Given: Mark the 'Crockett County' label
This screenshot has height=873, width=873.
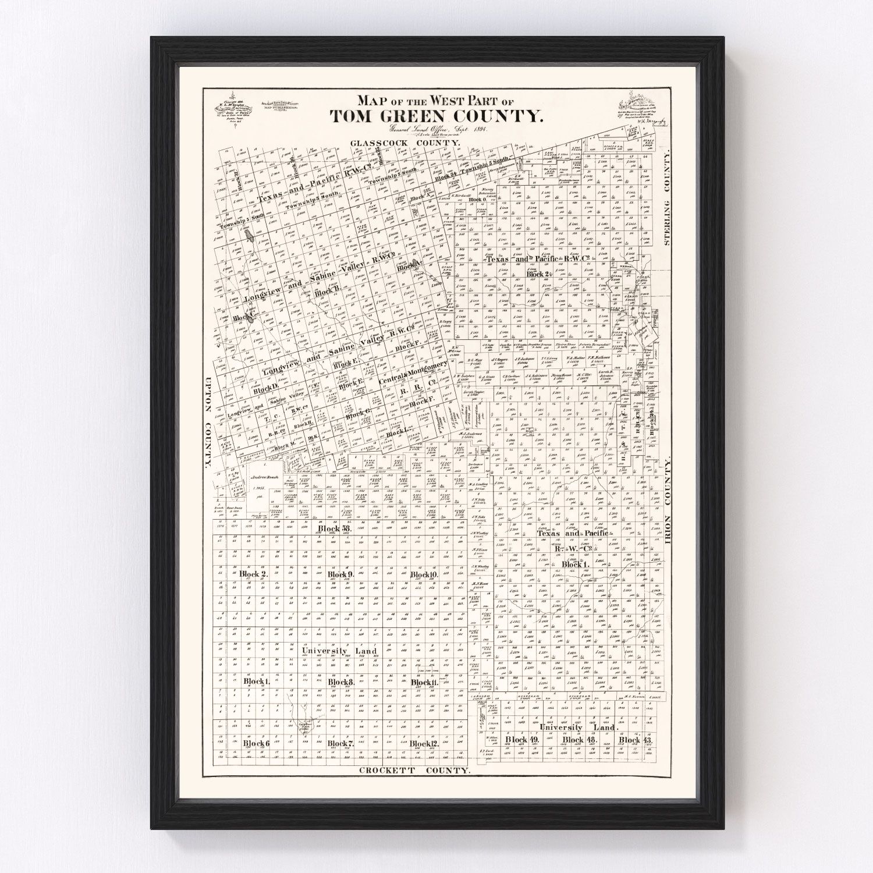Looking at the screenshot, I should pyautogui.click(x=414, y=770).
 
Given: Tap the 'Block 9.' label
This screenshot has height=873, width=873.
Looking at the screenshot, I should pyautogui.click(x=340, y=574).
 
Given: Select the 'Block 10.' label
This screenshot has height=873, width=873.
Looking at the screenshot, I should pyautogui.click(x=424, y=574).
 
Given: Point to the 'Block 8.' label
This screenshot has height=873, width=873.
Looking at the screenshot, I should pyautogui.click(x=340, y=682).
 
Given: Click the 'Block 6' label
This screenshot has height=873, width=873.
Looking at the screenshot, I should pyautogui.click(x=257, y=743).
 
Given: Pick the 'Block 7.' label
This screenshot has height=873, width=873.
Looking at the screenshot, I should pyautogui.click(x=340, y=743).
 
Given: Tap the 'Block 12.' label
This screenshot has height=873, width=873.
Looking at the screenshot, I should pyautogui.click(x=424, y=743).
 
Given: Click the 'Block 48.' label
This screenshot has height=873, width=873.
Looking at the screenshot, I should pyautogui.click(x=573, y=740).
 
